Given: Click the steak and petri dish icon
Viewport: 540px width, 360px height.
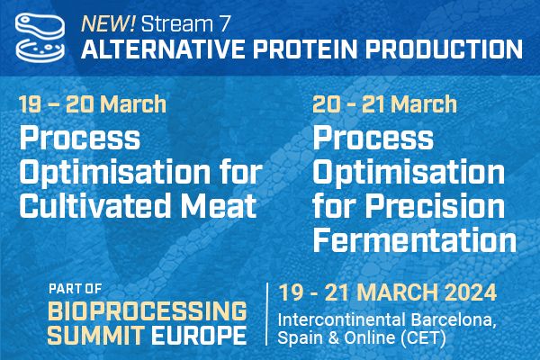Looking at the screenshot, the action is point(40,37).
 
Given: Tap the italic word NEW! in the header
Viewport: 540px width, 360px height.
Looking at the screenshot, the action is point(108,23).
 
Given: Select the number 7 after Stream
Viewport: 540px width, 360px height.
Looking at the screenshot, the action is point(224,24).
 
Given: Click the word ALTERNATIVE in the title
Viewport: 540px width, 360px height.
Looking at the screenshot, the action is point(163,49).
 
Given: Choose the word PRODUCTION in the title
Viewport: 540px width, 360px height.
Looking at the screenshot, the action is point(444,49).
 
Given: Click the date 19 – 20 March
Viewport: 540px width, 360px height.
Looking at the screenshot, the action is point(93,104).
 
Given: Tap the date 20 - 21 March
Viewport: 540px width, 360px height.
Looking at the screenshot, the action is point(384,104).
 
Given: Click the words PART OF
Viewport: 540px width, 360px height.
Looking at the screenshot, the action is point(75,289).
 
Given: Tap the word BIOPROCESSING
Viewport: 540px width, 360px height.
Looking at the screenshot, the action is point(147,310).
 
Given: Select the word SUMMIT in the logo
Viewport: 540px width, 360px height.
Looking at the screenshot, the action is point(95,335).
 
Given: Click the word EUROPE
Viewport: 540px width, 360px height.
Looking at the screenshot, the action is point(200,335).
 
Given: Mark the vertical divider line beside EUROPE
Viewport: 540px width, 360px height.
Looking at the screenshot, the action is point(266,314).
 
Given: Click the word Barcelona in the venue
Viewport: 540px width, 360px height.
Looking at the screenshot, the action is point(453,320).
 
